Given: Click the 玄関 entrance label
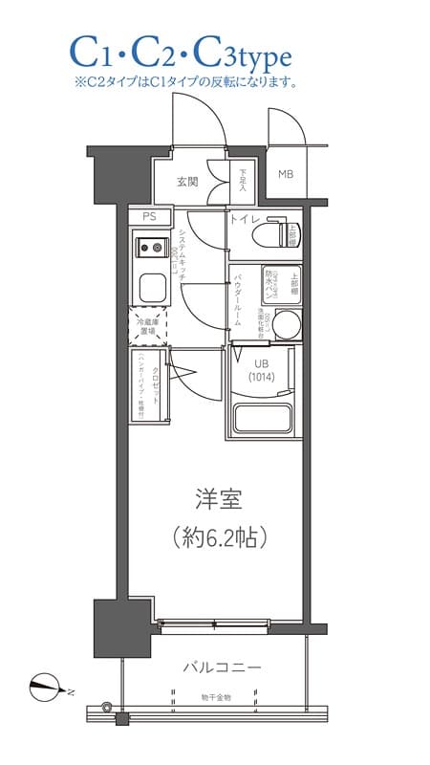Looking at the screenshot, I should (187, 181).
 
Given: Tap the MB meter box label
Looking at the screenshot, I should (286, 174).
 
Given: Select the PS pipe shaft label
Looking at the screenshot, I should (149, 217).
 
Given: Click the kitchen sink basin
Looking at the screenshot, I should (149, 286).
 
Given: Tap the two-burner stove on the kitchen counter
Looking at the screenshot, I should (149, 250).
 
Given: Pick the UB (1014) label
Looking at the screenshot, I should (262, 368).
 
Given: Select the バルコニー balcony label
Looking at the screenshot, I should (223, 667).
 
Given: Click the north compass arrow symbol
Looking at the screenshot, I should (44, 684).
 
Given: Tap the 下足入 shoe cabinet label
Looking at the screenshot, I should (243, 180).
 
